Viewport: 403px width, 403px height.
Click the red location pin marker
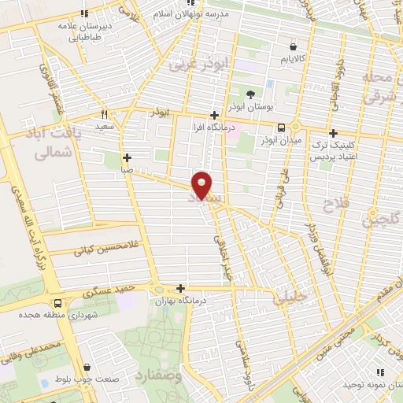point(203,185)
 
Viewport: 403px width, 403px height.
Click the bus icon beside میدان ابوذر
point(282,127)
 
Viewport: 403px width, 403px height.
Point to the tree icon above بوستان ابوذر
point(250,94)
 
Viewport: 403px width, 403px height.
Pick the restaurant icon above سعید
point(105,113)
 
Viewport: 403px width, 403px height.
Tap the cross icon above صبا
point(127,156)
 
